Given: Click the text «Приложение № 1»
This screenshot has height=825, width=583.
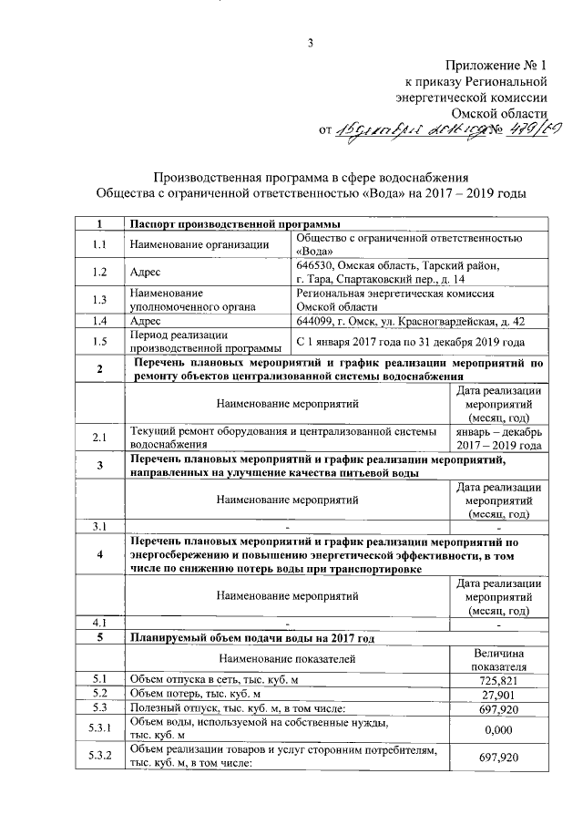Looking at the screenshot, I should click(495, 67).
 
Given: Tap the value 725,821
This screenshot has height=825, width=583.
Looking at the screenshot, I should click(498, 681).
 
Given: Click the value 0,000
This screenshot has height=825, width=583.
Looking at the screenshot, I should click(498, 729).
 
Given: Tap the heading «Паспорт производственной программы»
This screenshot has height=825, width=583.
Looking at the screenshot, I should click(235, 224).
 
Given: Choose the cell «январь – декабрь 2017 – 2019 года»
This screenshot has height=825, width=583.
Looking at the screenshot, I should click(498, 438).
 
